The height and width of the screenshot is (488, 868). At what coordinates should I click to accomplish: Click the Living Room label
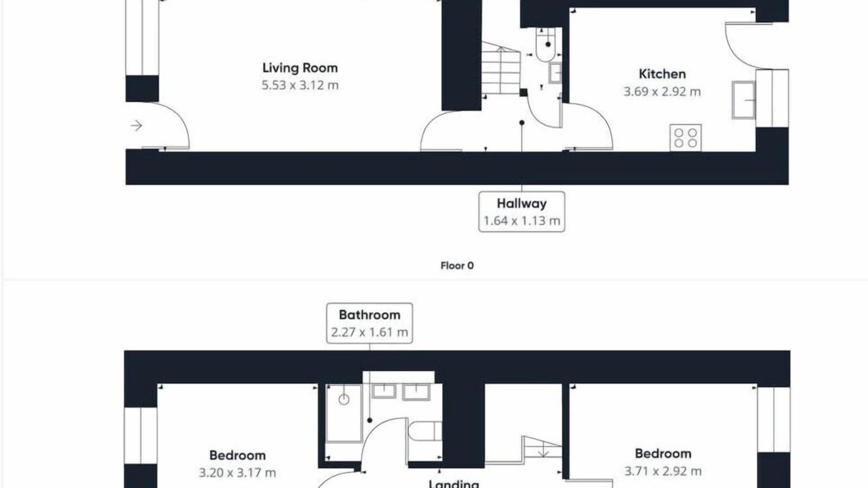point(300,68)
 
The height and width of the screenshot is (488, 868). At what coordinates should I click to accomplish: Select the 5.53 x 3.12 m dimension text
point(300,85)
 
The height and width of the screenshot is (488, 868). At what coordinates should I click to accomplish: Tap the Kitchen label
point(663,74)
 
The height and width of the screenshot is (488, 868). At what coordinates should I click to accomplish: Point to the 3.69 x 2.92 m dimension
point(663,91)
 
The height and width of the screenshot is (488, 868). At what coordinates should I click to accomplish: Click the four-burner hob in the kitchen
point(686,138)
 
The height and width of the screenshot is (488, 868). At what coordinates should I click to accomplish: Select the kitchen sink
point(744,100)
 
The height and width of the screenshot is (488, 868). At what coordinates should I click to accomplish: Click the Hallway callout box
point(521,212)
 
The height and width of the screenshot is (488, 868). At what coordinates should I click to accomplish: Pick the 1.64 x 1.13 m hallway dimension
point(521,221)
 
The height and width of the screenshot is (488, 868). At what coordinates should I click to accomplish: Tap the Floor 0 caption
point(457,266)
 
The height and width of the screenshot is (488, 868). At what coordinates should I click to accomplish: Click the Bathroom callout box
point(370,323)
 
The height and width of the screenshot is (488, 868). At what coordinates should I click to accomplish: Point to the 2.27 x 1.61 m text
point(370,332)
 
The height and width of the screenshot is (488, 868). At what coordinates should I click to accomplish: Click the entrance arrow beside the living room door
point(136,125)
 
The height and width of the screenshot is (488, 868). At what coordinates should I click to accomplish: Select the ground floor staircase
point(501,68)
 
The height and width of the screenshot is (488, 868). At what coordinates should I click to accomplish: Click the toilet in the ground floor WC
point(546,45)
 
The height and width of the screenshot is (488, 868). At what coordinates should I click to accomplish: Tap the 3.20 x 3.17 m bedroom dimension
point(237,473)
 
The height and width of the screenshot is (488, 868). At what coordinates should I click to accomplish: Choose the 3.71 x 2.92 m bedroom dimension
point(663,471)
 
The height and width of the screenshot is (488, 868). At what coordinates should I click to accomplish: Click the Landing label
point(454,484)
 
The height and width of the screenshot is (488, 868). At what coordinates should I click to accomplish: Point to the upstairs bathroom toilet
point(425,431)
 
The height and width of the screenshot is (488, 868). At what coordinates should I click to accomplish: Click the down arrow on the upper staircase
point(543,450)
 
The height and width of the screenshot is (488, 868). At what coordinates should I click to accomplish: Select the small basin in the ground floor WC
point(555,73)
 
